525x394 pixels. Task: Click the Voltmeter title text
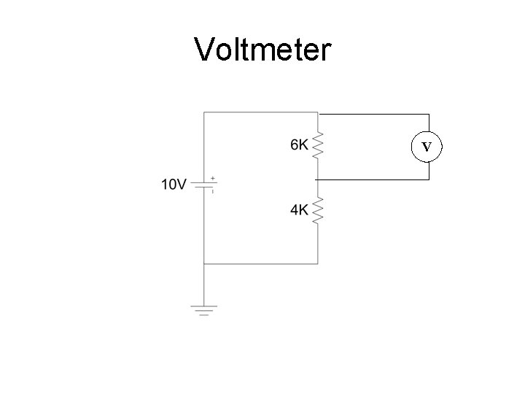tap(262, 50)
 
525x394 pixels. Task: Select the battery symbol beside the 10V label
tap(204, 185)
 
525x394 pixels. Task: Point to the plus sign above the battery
tap(212, 177)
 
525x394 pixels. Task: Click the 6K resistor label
tap(299, 145)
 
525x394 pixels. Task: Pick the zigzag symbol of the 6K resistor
tap(317, 145)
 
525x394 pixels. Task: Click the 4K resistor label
tap(299, 210)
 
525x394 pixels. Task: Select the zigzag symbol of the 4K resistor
tap(317, 210)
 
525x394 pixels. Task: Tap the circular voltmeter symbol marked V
tap(428, 147)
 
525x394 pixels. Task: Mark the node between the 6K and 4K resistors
tap(317, 179)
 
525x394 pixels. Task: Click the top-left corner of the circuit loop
tap(204, 112)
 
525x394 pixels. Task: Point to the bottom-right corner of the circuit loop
tap(317, 263)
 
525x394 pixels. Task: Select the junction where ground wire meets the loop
tap(204, 263)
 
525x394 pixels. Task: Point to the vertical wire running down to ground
tap(204, 285)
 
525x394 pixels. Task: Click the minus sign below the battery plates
tap(212, 191)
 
